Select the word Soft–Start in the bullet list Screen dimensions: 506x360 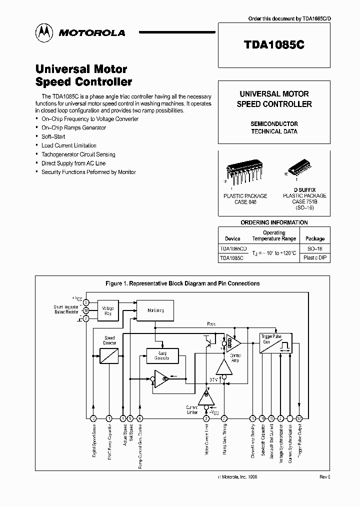(53, 136)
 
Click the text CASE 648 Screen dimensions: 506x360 (245, 202)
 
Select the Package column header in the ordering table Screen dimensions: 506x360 (315, 238)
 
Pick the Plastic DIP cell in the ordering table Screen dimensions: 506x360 (315, 258)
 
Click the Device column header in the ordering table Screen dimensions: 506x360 (232, 238)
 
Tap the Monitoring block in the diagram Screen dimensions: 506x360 (155, 310)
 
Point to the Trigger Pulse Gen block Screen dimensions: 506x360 (275, 344)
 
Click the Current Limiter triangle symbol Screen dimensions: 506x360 (205, 398)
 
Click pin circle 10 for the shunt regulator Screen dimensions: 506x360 (86, 310)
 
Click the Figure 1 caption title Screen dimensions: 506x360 (182, 283)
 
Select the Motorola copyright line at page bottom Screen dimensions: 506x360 (238, 477)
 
